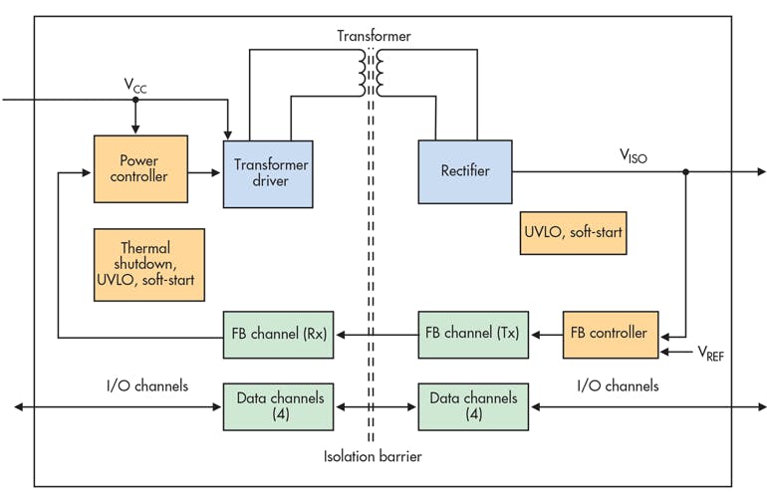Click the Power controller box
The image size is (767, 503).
point(139,168)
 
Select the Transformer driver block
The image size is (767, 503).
point(268,172)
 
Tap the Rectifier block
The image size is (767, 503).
point(464,171)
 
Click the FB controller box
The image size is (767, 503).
point(610,333)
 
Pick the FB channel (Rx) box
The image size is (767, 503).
point(278,333)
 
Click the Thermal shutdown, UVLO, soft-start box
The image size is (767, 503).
point(148,264)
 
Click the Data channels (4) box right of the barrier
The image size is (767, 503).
point(473,405)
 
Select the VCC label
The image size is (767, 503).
point(135,87)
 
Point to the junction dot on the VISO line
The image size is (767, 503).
point(685,171)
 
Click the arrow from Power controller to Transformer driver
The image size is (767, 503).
point(204,172)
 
